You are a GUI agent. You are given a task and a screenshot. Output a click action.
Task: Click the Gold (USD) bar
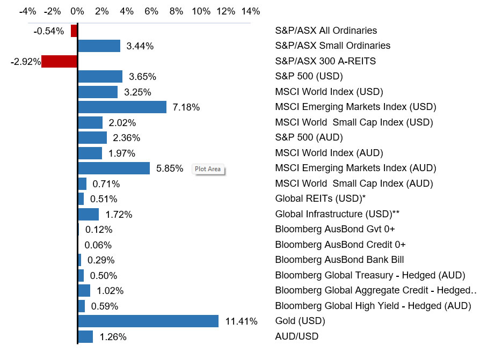coord(148,321)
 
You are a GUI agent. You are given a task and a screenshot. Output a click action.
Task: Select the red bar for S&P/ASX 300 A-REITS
coord(59,61)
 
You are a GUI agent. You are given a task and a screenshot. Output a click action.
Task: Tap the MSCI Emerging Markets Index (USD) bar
coord(122,107)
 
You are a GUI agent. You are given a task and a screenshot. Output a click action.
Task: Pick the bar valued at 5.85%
coord(114,168)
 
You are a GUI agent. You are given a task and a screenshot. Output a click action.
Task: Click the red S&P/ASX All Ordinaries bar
coord(74,31)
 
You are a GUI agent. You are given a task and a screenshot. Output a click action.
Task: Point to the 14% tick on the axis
coord(251,11)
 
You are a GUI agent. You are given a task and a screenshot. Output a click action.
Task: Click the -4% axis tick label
coord(27,11)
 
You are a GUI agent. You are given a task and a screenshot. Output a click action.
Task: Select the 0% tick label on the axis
coord(77,11)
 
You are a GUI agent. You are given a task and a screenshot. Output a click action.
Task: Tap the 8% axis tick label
coord(177,11)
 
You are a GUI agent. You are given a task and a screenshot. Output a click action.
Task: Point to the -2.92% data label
coord(26,62)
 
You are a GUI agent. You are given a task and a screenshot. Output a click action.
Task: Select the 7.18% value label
coord(186,107)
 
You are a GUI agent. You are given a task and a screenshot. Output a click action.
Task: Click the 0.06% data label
coord(98,245)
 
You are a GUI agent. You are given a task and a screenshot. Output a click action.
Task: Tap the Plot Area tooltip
coord(208,169)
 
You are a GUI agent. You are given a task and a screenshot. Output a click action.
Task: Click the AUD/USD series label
coord(296,336)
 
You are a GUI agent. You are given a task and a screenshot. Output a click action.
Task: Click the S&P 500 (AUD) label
coord(309,137)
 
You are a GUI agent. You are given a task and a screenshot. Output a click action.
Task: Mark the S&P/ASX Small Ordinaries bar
coord(99,46)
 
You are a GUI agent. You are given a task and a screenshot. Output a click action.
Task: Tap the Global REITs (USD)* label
coord(320,199)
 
